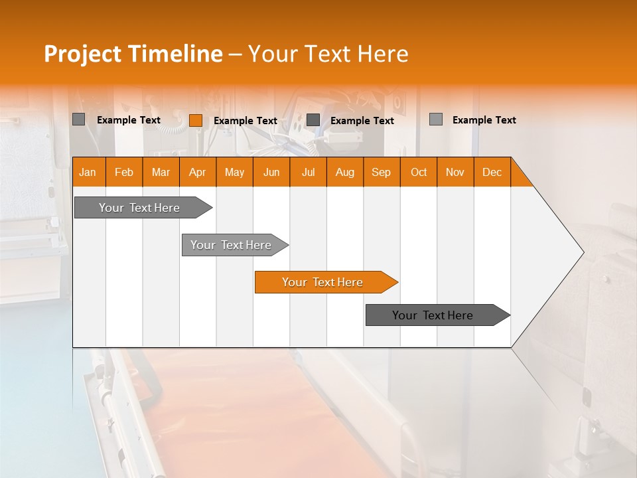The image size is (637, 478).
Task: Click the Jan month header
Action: click(88, 172)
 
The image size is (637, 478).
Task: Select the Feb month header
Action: click(124, 172)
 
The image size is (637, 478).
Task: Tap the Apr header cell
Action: click(197, 172)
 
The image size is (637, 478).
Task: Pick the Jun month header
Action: click(271, 172)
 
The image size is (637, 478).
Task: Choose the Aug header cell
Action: click(344, 172)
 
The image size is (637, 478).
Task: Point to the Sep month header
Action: click(381, 172)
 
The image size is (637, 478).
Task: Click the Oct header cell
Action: click(419, 172)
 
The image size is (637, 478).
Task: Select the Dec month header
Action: click(492, 172)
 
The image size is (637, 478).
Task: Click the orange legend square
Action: click(196, 120)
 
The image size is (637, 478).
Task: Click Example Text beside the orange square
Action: click(246, 121)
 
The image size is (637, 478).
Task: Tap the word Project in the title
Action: click(83, 54)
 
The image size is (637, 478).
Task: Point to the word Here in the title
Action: click(383, 54)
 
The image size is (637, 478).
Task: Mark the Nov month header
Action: click(455, 172)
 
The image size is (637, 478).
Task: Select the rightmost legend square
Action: click(436, 119)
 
